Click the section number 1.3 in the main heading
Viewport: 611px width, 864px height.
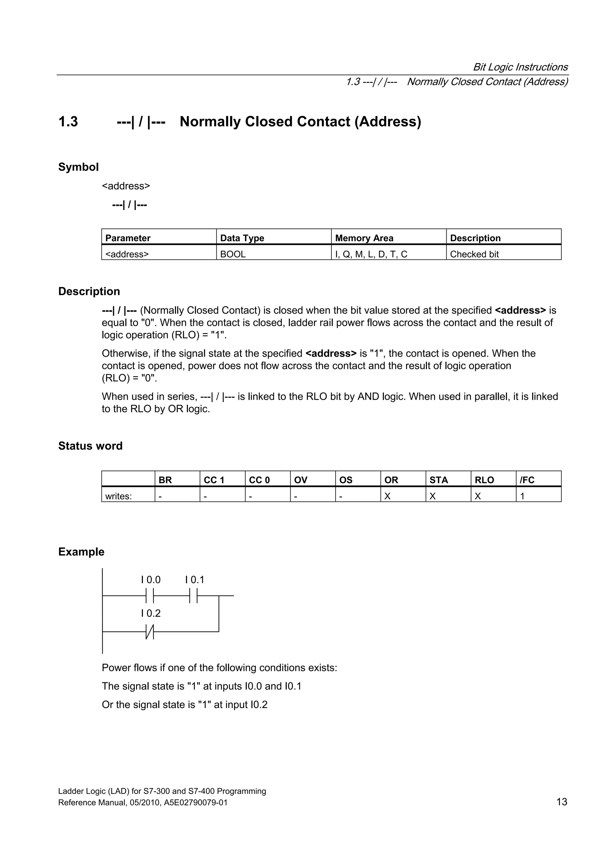(x=68, y=122)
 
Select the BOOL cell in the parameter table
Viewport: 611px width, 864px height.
(x=233, y=254)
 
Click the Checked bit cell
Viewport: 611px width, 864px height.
(x=474, y=254)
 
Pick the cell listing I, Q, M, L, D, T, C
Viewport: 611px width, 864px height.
(x=371, y=254)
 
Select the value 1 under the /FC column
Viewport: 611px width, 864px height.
(x=522, y=496)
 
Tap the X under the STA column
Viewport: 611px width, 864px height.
(x=433, y=496)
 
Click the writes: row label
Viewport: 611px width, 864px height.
(x=118, y=496)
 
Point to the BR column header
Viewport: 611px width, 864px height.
(x=165, y=480)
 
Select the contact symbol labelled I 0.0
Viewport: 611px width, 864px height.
(x=150, y=596)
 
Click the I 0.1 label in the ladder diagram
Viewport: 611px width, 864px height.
(x=195, y=579)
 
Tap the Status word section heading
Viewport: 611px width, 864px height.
(x=90, y=446)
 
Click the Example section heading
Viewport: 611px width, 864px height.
(x=81, y=552)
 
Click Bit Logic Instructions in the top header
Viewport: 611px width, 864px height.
(x=520, y=67)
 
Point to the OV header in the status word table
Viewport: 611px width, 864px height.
(x=300, y=480)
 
